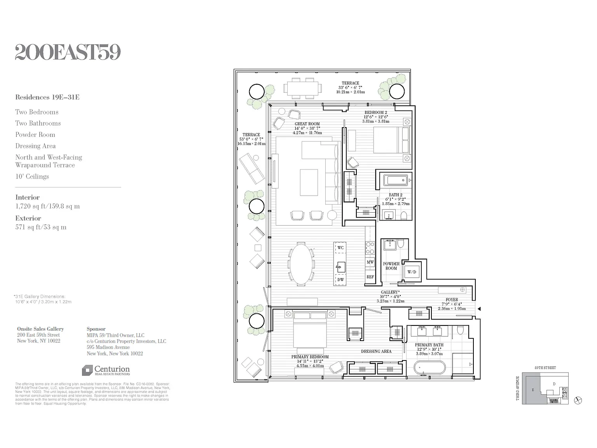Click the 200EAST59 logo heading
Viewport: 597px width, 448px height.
pyautogui.click(x=68, y=52)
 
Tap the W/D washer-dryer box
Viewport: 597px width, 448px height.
pyautogui.click(x=412, y=272)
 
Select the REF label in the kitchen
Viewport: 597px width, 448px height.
pyautogui.click(x=370, y=277)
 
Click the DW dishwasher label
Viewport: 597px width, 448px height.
pyautogui.click(x=340, y=279)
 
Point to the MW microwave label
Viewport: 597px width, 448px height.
pyautogui.click(x=370, y=262)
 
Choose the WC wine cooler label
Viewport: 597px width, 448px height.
pyautogui.click(x=340, y=248)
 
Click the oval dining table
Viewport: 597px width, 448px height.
pyautogui.click(x=301, y=263)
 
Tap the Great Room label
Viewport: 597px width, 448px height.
pyautogui.click(x=307, y=124)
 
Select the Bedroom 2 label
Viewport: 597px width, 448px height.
pyautogui.click(x=375, y=112)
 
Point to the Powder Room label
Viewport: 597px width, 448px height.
pyautogui.click(x=391, y=266)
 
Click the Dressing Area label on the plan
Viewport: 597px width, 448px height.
pyautogui.click(x=376, y=351)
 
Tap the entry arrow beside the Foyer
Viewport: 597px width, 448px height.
pyautogui.click(x=479, y=309)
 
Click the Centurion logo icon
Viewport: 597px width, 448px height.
pyautogui.click(x=87, y=370)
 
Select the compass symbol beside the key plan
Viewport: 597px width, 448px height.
pyautogui.click(x=578, y=400)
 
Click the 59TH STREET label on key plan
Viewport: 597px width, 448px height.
pyautogui.click(x=545, y=368)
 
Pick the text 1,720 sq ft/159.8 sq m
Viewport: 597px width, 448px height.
pyautogui.click(x=47, y=206)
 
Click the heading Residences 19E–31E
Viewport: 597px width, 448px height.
pyautogui.click(x=47, y=97)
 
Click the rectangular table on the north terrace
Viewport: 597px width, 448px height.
pyautogui.click(x=304, y=89)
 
